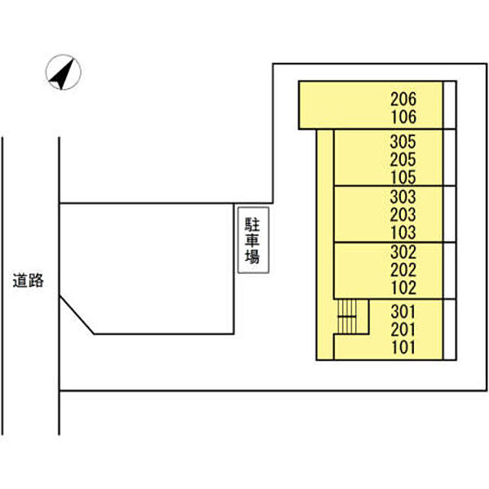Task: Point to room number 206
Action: (x=403, y=99)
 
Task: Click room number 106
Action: (x=403, y=117)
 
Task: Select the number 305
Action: (x=403, y=140)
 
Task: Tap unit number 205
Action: (x=403, y=159)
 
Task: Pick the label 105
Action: (x=403, y=177)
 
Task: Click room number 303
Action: (x=403, y=196)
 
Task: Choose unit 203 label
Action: (x=403, y=214)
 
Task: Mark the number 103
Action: (x=403, y=232)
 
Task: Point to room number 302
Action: (x=403, y=252)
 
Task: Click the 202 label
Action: (x=403, y=270)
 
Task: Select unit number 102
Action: (x=403, y=288)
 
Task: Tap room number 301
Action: (x=403, y=311)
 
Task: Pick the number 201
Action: (x=403, y=328)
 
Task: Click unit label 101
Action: (x=403, y=347)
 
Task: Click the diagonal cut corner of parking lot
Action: (x=77, y=316)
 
